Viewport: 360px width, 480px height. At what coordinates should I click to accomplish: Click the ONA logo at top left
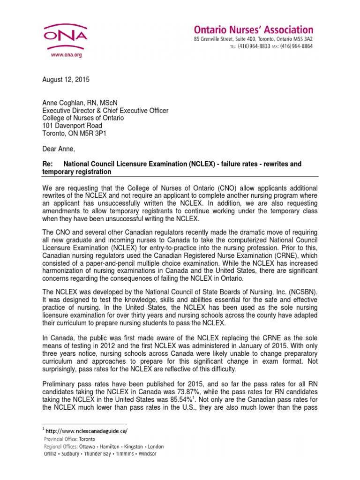(x=59, y=36)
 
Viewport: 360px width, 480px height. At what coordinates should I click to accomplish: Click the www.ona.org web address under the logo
(x=59, y=55)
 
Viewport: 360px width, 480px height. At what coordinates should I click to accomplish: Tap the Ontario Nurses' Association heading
(x=254, y=30)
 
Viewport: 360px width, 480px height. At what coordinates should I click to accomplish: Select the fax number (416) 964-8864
(x=298, y=47)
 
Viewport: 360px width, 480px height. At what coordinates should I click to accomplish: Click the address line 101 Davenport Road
(x=72, y=126)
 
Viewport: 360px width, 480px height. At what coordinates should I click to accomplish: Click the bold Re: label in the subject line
(x=48, y=164)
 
